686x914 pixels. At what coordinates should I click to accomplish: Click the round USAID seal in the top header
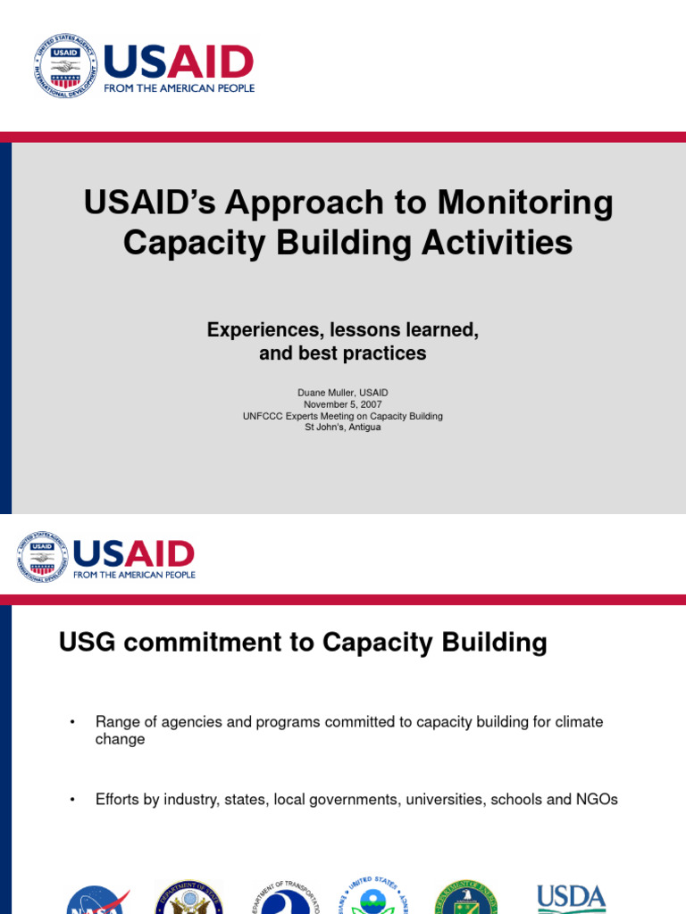[65, 67]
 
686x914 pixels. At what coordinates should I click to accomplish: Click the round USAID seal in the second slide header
[42, 558]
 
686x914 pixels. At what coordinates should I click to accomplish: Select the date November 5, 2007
[343, 404]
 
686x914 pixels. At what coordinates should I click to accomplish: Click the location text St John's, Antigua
[343, 428]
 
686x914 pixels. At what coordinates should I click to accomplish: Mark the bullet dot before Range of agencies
[72, 722]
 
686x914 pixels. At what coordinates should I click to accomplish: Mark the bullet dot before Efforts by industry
[72, 801]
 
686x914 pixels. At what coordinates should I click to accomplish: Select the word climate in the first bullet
[579, 721]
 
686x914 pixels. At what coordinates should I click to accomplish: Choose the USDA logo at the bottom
[571, 897]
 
